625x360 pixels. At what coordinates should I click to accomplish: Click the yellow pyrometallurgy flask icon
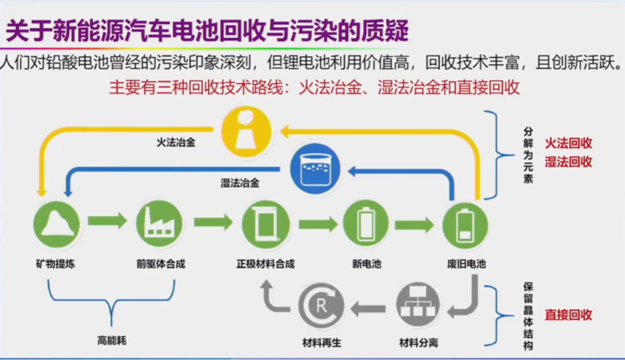pyautogui.click(x=247, y=131)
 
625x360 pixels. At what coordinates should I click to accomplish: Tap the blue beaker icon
pyautogui.click(x=315, y=169)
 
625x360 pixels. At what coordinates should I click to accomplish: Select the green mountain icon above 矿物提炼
pyautogui.click(x=57, y=224)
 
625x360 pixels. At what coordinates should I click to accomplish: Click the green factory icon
pyautogui.click(x=160, y=224)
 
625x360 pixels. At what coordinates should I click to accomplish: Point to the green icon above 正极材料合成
pyautogui.click(x=266, y=225)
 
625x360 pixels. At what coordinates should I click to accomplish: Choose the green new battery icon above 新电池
pyautogui.click(x=366, y=223)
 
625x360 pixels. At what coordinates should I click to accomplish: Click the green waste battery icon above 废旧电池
pyautogui.click(x=465, y=225)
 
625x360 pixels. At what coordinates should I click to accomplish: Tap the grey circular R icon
pyautogui.click(x=321, y=306)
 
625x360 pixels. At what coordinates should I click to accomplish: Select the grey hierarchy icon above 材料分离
pyautogui.click(x=418, y=305)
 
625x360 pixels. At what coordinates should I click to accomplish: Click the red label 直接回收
pyautogui.click(x=568, y=315)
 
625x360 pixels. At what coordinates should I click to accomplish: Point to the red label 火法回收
pyautogui.click(x=568, y=143)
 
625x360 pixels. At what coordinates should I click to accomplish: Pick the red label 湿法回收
pyautogui.click(x=568, y=162)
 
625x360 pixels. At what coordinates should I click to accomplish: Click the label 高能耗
pyautogui.click(x=112, y=340)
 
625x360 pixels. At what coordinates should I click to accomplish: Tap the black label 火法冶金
pyautogui.click(x=176, y=142)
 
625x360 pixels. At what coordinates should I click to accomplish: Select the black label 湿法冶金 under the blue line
pyautogui.click(x=240, y=183)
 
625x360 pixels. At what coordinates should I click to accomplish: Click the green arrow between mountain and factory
pyautogui.click(x=108, y=221)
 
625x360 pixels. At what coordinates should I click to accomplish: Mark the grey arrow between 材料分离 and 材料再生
pyautogui.click(x=368, y=308)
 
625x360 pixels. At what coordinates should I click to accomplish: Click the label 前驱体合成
pyautogui.click(x=161, y=264)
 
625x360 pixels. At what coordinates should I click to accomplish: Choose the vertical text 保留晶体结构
pyautogui.click(x=528, y=316)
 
